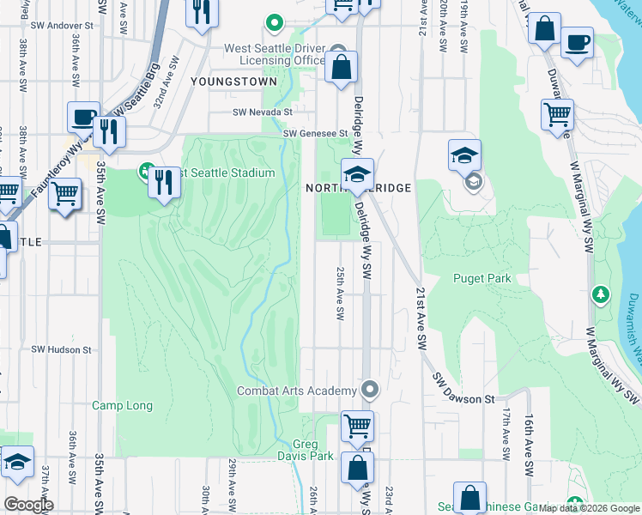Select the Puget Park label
[482, 278]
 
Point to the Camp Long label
[122, 405]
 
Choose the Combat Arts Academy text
[295, 391]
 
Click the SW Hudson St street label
[61, 349]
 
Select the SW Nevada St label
[263, 112]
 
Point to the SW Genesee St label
[315, 133]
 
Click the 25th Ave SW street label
[340, 293]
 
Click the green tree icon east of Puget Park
[602, 295]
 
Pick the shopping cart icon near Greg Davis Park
[357, 425]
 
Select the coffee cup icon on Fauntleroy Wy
[84, 118]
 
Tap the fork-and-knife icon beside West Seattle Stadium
[164, 182]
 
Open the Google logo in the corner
[27, 505]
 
